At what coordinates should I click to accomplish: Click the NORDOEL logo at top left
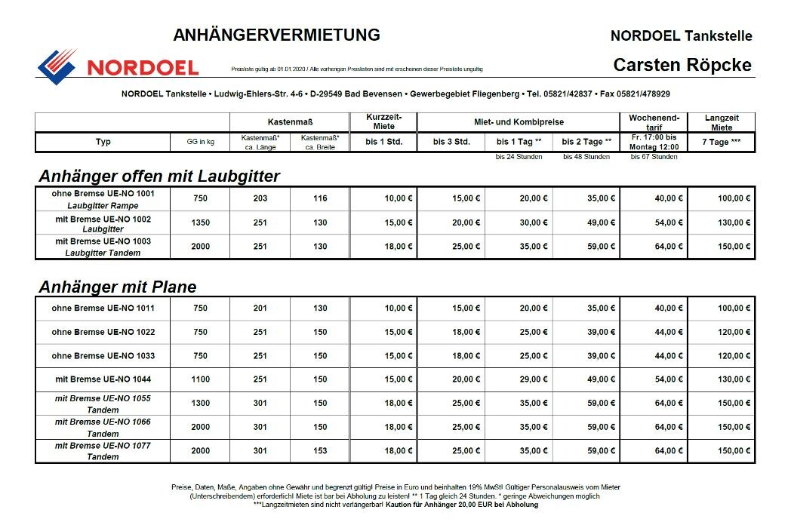(x=117, y=65)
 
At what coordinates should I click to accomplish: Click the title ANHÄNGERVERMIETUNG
(x=276, y=35)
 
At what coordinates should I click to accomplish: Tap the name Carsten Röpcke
(x=682, y=65)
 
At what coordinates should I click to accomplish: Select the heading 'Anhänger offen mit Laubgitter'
(x=159, y=177)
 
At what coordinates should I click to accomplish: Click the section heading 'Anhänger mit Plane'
(x=117, y=287)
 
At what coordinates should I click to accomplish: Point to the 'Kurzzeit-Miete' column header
(x=384, y=121)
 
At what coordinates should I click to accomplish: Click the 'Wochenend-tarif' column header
(x=654, y=121)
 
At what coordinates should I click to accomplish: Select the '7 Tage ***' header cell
(x=721, y=142)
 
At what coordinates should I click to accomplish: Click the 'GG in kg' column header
(x=200, y=142)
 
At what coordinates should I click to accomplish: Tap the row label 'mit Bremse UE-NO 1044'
(x=103, y=379)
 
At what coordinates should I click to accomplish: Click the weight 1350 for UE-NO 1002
(x=200, y=223)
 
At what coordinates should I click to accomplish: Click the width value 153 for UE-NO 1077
(x=320, y=451)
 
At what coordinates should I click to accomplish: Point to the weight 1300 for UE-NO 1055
(x=200, y=404)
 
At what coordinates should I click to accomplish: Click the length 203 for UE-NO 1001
(x=260, y=199)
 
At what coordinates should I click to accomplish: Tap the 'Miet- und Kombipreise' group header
(x=519, y=121)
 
